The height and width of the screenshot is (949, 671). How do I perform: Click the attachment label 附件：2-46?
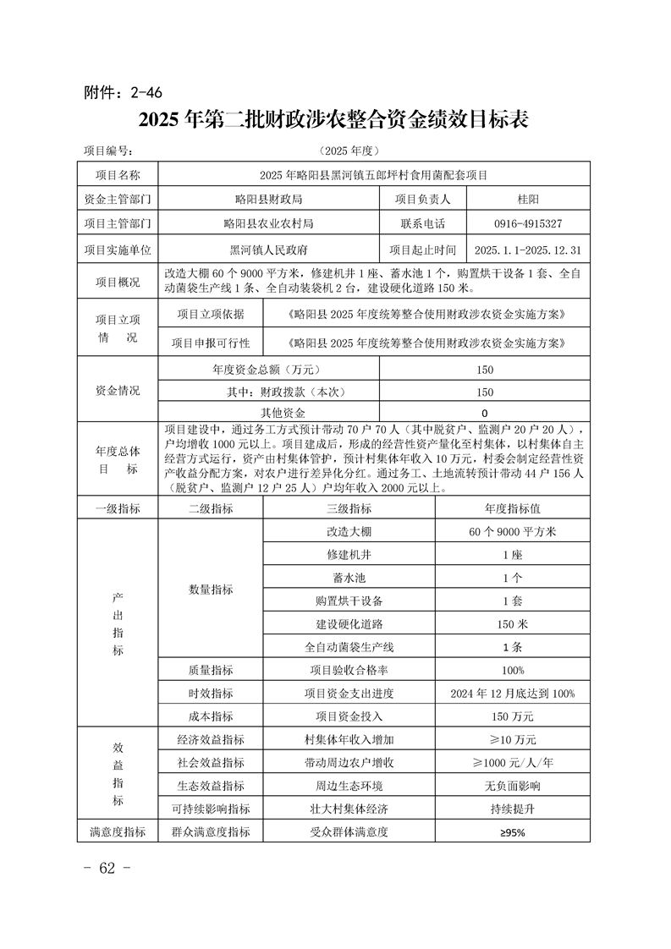click(124, 92)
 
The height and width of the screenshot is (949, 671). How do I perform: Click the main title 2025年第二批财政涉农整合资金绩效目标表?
click(335, 120)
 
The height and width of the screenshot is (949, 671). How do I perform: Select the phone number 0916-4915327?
click(528, 224)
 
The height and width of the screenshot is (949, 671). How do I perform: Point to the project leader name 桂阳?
click(528, 200)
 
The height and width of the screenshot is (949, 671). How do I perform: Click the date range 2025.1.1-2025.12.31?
click(528, 250)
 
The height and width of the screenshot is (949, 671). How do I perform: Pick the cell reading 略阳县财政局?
click(269, 200)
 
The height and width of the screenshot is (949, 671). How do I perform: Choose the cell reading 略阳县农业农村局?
click(269, 224)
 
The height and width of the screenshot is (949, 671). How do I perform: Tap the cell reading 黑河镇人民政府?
click(269, 250)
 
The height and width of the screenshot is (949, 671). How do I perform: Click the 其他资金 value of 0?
click(484, 414)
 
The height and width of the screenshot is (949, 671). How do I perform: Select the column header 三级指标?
click(349, 509)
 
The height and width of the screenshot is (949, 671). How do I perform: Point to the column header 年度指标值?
click(512, 509)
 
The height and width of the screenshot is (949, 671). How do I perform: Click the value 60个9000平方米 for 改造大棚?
click(512, 532)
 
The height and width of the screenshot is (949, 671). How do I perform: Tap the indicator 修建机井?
click(349, 555)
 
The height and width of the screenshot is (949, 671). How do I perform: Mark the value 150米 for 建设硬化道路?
click(512, 624)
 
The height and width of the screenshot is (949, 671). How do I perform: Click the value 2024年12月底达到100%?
click(512, 694)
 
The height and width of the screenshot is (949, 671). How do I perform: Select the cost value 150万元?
click(512, 716)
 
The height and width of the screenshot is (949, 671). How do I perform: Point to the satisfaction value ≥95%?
click(512, 832)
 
